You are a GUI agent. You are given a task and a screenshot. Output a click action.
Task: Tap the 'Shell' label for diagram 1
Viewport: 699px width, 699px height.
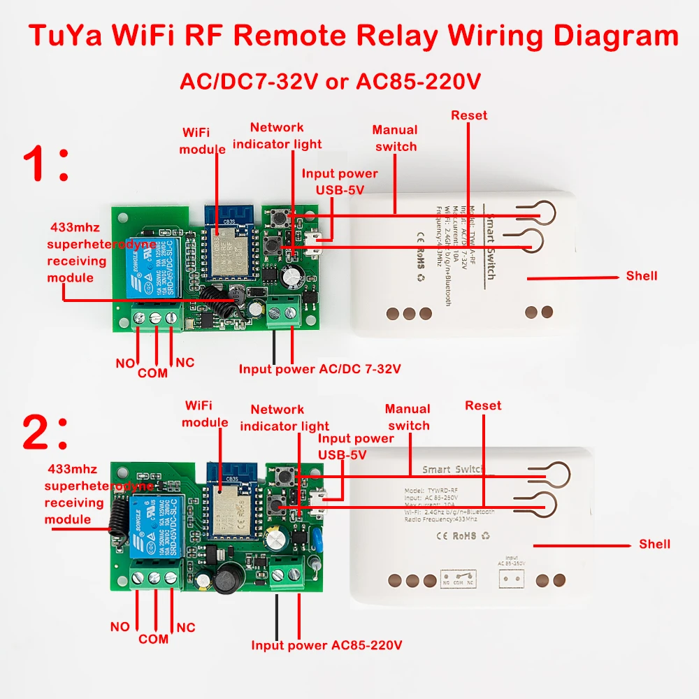click(641, 276)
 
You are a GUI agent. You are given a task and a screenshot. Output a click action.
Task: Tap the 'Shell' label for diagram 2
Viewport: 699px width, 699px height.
click(654, 544)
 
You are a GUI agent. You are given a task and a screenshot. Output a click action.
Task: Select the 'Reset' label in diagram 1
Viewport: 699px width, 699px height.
click(469, 115)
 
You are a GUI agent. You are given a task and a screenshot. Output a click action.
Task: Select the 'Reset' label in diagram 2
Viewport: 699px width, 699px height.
click(483, 405)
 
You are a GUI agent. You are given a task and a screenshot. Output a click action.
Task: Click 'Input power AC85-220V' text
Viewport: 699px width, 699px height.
click(326, 645)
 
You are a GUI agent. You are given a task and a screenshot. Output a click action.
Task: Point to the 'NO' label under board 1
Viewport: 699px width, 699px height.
click(124, 363)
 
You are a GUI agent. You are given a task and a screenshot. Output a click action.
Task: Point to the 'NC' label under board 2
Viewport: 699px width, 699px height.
click(185, 628)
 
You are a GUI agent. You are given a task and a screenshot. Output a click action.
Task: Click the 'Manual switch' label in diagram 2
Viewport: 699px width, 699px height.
click(408, 417)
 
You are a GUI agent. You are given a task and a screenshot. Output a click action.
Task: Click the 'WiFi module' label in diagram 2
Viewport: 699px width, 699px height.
click(205, 414)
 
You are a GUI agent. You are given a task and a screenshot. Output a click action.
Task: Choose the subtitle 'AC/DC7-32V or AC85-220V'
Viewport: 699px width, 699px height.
click(330, 82)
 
